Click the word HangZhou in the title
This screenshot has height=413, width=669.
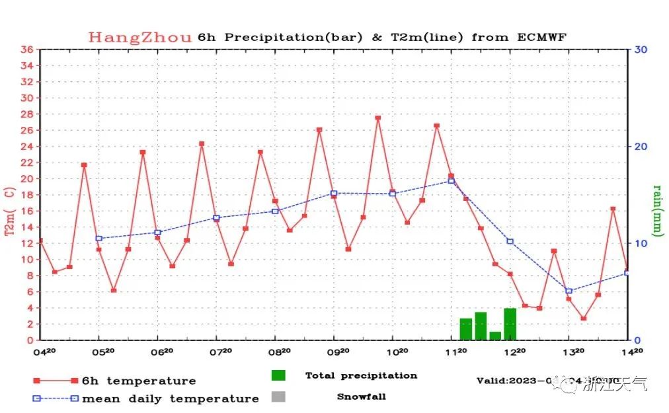[141, 37]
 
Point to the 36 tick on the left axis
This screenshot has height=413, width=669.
[26, 50]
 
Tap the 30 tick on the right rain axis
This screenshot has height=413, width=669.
[641, 50]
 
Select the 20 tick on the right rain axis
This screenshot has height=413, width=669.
[641, 146]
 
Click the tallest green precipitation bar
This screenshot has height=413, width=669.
[510, 324]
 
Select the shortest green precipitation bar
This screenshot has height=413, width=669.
[495, 335]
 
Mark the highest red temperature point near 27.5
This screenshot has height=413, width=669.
[378, 118]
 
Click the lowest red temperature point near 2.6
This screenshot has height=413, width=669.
[584, 319]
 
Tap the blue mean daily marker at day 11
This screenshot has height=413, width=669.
[452, 180]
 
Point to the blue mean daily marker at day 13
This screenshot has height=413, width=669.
[569, 291]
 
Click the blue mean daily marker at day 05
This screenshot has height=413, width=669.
[99, 238]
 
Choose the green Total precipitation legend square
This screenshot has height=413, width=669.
[278, 375]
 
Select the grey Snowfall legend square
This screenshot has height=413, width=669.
[278, 396]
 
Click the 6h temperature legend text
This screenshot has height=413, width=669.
[139, 381]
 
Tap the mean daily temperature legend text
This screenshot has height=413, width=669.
[171, 398]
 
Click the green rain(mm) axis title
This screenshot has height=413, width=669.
[658, 210]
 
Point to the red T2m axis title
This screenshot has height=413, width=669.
[10, 211]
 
